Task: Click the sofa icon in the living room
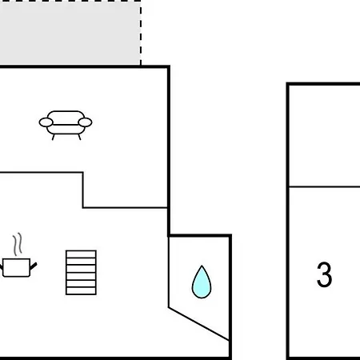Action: [x=66, y=125]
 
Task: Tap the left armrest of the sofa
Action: [x=46, y=122]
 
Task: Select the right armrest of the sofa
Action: [x=85, y=122]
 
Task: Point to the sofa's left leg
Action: [x=53, y=137]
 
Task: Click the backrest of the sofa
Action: [x=66, y=118]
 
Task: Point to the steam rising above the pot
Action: [x=18, y=244]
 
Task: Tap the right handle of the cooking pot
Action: [x=34, y=266]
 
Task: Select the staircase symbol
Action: [x=81, y=273]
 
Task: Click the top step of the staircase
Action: [x=81, y=254]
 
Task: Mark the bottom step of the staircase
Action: [x=81, y=291]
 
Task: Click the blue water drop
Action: [x=202, y=282]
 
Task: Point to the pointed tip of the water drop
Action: [x=202, y=266]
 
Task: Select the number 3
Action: [x=324, y=274]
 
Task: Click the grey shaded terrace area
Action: [x=70, y=33]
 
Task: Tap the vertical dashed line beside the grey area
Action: [x=141, y=33]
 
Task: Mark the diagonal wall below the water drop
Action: [x=199, y=324]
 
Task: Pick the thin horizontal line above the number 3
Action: [x=325, y=186]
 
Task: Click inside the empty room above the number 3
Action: [x=325, y=135]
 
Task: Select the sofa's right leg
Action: [x=79, y=137]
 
